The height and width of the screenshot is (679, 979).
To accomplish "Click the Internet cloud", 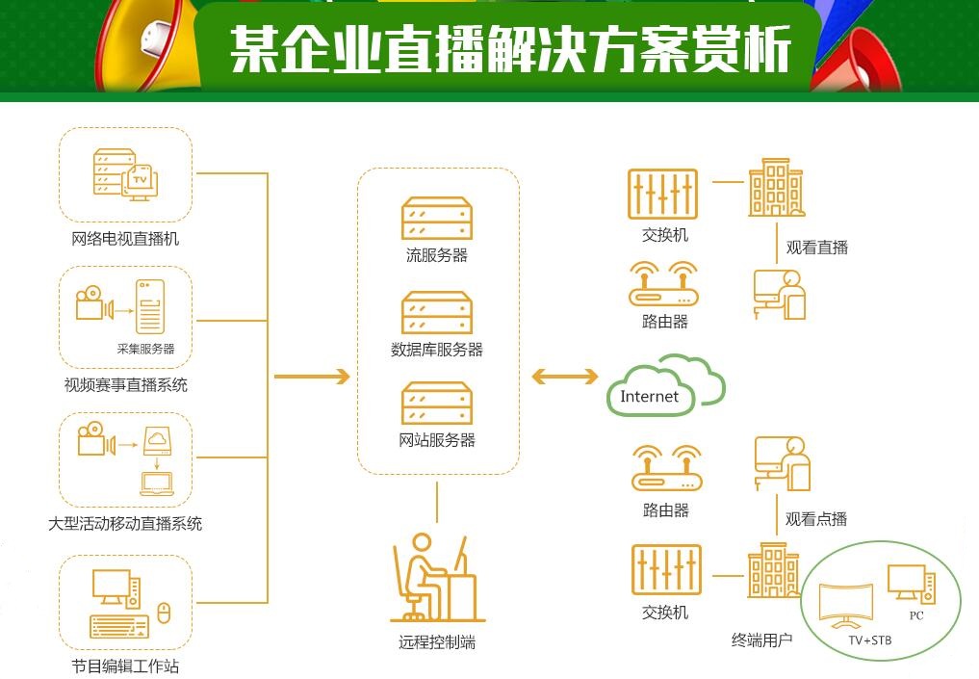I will (x=664, y=387).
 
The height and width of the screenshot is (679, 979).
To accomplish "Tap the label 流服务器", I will (x=436, y=255).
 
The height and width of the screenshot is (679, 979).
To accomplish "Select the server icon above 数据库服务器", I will (x=437, y=313).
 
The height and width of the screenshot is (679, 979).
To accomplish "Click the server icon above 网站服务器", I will (x=437, y=404).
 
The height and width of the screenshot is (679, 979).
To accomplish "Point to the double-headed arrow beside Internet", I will (x=565, y=378).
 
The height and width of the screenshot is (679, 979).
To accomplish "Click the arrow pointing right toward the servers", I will (x=313, y=377).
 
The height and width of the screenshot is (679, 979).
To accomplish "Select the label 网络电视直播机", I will (x=125, y=239).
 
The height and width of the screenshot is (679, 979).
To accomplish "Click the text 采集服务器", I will (x=145, y=349).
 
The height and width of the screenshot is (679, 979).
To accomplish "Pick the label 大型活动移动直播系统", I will (x=125, y=524).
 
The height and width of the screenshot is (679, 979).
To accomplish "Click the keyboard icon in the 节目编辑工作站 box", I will (x=119, y=626).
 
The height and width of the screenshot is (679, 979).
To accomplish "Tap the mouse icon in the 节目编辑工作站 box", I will (x=164, y=612).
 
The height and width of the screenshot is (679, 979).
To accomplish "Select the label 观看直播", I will (x=816, y=248).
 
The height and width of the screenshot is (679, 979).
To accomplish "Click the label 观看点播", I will (x=816, y=519).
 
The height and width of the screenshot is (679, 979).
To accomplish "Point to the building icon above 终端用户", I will (x=773, y=571).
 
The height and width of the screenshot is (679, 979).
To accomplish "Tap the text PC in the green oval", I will (x=915, y=615).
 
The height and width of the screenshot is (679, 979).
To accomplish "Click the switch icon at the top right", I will (x=663, y=194).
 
